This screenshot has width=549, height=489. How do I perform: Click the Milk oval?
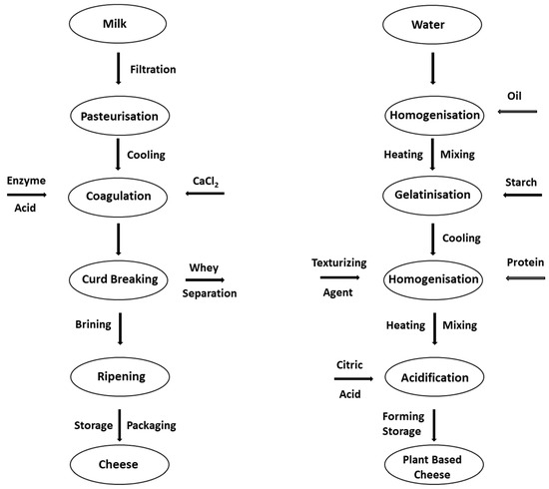(x=119, y=23)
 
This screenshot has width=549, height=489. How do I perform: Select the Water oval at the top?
(x=432, y=23)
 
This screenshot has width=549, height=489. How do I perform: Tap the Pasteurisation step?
(x=119, y=116)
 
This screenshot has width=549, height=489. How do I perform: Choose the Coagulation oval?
(x=119, y=195)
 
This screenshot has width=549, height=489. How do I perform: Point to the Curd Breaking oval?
(x=119, y=280)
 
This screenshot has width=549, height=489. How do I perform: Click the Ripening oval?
(x=119, y=376)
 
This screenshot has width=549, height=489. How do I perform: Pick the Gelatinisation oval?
(x=432, y=195)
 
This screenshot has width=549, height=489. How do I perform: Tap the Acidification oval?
(x=432, y=378)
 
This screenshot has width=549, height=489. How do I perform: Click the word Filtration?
(x=154, y=69)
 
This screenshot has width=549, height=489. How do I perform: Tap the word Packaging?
(x=154, y=425)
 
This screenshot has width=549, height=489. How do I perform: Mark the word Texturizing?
(x=339, y=262)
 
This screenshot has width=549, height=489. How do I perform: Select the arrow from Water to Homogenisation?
(x=432, y=69)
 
